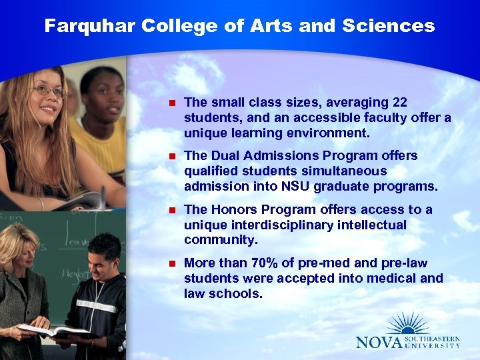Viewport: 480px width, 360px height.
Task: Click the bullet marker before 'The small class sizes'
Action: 171,103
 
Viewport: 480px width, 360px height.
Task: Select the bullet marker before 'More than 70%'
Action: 171,263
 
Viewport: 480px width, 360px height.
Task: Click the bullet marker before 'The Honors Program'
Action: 171,210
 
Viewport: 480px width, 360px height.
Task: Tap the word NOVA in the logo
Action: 380,342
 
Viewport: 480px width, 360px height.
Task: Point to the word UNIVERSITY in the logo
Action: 433,345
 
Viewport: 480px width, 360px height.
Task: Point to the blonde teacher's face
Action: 19,247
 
